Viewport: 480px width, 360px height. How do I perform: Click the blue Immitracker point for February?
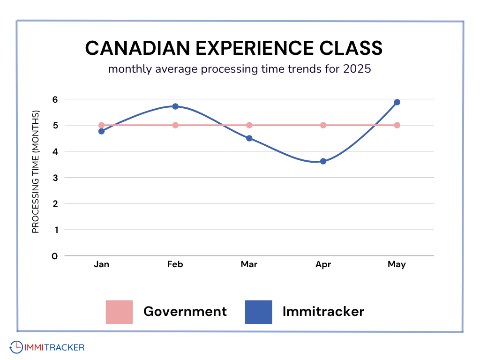coord(175,106)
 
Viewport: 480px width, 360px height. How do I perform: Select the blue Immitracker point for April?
coord(323,161)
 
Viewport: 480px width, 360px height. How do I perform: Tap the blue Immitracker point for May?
coord(397,102)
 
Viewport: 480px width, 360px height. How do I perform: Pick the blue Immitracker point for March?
coord(249,138)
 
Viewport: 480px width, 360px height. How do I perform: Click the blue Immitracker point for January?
coord(101,131)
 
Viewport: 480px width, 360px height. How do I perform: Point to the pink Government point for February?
coord(175,125)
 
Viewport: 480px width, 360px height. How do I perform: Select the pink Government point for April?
coord(323,125)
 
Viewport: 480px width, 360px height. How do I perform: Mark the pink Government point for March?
coord(249,125)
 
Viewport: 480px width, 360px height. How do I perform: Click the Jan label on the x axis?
coord(101,264)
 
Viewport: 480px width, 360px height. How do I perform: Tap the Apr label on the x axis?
coord(323,264)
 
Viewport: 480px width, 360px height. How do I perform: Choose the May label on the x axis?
coord(397,264)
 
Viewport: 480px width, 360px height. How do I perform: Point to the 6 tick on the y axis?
coord(55,99)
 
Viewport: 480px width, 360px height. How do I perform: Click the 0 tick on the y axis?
coord(55,256)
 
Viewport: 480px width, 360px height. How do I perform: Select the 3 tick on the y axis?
coord(55,178)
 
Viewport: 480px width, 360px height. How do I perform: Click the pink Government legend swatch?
coord(119,312)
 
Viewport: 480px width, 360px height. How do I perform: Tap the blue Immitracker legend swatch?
coord(258,312)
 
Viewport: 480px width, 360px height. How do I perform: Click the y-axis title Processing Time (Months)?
coord(36,172)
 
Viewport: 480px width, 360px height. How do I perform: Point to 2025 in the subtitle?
coord(357,69)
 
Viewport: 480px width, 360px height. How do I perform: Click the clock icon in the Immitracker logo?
coord(15,347)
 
